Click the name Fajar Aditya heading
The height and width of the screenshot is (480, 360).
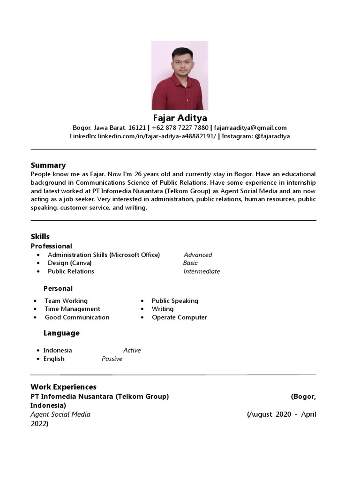180,118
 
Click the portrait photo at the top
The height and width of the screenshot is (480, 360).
180,75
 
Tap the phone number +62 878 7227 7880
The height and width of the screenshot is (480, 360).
180,127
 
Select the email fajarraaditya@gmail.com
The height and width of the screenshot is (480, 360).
251,127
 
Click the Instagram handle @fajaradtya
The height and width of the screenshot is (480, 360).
272,136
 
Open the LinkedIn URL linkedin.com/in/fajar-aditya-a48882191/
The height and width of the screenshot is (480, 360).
157,136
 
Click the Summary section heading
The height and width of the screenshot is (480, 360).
48,165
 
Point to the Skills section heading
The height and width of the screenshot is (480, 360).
40,236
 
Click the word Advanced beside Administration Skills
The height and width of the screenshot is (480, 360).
198,255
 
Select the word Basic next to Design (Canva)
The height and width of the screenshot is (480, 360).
190,263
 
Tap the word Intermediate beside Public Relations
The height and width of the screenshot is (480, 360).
202,271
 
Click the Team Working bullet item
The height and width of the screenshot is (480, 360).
66,301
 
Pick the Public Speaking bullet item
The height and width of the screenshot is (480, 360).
175,301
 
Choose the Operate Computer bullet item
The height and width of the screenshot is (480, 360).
179,317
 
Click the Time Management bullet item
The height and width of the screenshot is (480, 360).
72,309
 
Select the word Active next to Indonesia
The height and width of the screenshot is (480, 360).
132,350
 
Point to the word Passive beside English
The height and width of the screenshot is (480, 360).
112,359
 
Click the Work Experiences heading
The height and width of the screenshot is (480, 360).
63,387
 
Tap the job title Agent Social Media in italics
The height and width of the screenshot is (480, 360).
60,414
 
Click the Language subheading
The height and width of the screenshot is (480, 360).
61,333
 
